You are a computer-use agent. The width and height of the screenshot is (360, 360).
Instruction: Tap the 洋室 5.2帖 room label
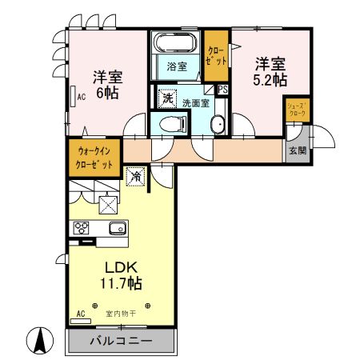click(270, 72)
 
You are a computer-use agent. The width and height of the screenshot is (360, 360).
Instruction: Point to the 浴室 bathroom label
click(177, 66)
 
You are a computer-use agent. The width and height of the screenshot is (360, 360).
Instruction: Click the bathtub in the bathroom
click(176, 43)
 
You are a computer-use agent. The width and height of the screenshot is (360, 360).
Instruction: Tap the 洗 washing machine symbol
click(167, 98)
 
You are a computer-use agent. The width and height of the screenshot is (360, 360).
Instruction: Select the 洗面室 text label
click(195, 102)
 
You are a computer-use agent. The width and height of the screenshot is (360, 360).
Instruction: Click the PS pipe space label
click(222, 89)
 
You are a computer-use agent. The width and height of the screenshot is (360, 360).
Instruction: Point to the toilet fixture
click(172, 123)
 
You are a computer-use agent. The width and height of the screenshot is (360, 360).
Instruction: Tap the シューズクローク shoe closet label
click(297, 110)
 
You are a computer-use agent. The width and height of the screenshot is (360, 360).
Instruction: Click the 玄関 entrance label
click(297, 150)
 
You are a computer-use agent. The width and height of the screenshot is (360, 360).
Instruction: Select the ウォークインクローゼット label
click(95, 157)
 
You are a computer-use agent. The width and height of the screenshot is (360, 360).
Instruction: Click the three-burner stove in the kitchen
click(82, 227)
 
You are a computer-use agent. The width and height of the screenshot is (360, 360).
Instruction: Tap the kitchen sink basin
click(117, 227)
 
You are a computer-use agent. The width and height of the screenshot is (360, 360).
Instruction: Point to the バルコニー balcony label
click(119, 341)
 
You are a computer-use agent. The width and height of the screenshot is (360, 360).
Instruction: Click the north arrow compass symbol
click(38, 342)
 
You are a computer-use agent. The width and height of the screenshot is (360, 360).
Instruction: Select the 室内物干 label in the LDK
click(121, 314)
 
